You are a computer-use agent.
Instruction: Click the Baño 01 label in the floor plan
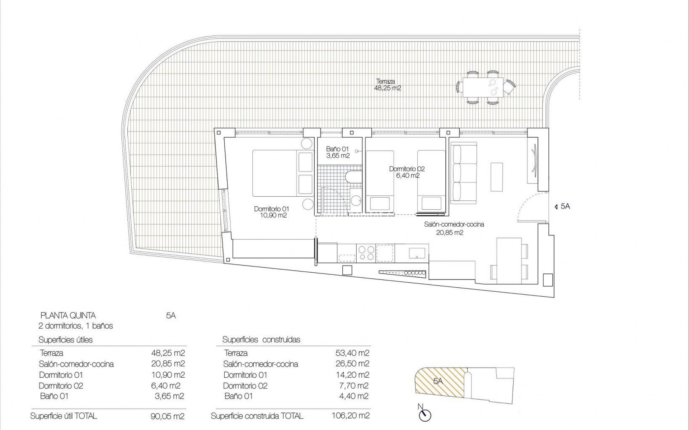click(x=337, y=152)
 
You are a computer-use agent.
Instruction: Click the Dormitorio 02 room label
click(x=407, y=172)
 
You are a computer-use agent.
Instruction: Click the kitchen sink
click(x=417, y=253)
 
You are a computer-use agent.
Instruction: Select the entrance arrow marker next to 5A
click(x=556, y=206)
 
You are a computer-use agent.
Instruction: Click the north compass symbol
click(x=425, y=416)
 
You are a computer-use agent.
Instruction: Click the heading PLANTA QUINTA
click(x=68, y=315)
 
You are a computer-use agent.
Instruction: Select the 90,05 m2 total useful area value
click(x=168, y=416)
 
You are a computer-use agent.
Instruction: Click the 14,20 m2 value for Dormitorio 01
click(x=352, y=375)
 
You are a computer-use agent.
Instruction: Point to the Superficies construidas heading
click(x=261, y=339)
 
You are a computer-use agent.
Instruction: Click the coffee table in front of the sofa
click(x=497, y=177)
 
